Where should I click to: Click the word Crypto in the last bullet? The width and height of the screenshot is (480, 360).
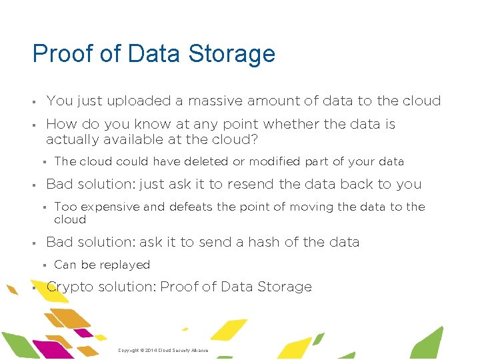[66, 287]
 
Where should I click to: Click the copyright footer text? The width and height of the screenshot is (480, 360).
[163, 350]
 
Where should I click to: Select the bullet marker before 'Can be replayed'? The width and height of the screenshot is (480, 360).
[42, 265]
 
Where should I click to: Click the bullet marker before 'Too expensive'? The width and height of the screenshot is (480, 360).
[42, 207]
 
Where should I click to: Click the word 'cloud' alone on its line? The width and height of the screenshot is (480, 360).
[70, 219]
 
